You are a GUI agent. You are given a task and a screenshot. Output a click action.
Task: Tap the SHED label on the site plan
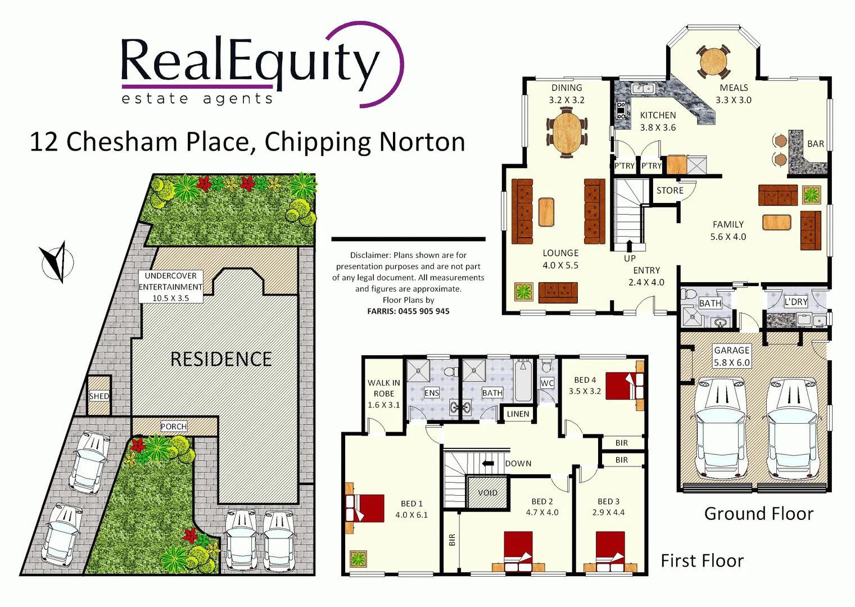99,396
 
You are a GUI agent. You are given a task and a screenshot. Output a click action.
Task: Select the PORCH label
174,427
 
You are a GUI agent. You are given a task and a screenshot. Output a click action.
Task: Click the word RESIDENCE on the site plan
221,359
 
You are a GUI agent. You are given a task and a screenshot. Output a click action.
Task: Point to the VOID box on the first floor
487,492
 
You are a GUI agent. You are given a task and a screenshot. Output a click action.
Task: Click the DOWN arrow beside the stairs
488,463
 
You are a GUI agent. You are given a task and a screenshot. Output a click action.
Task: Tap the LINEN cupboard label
518,414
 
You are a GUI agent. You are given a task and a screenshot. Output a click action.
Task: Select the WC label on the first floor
547,383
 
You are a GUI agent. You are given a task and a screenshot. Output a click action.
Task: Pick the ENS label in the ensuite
432,393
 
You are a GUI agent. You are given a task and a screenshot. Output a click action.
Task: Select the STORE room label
670,191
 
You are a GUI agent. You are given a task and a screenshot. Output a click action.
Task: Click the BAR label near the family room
815,144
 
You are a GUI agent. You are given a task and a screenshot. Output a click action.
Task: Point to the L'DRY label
795,302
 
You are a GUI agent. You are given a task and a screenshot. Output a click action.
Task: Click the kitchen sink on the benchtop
641,88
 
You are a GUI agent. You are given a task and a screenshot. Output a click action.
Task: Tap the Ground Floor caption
758,514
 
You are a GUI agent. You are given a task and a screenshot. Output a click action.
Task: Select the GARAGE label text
731,350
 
